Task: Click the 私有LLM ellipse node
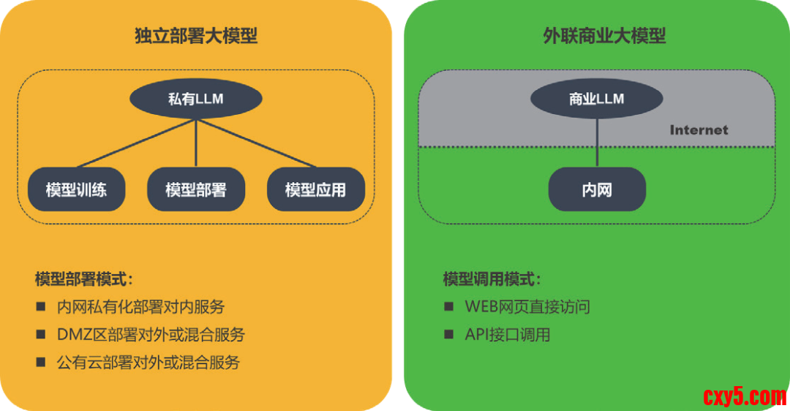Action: click(195, 99)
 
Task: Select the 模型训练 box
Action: click(76, 190)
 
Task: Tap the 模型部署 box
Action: click(195, 190)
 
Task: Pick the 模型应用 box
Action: click(315, 190)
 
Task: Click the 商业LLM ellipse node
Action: click(597, 99)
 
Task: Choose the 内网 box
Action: click(597, 190)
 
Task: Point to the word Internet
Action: click(699, 130)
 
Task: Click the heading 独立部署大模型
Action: click(196, 35)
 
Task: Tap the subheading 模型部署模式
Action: click(84, 279)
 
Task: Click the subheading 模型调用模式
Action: click(492, 279)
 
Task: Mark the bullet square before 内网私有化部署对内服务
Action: click(41, 306)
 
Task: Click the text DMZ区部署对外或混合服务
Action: click(151, 335)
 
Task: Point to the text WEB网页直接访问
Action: click(527, 306)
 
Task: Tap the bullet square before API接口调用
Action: click(449, 335)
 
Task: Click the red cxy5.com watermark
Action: click(744, 396)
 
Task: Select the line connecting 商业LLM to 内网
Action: click(597, 143)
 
